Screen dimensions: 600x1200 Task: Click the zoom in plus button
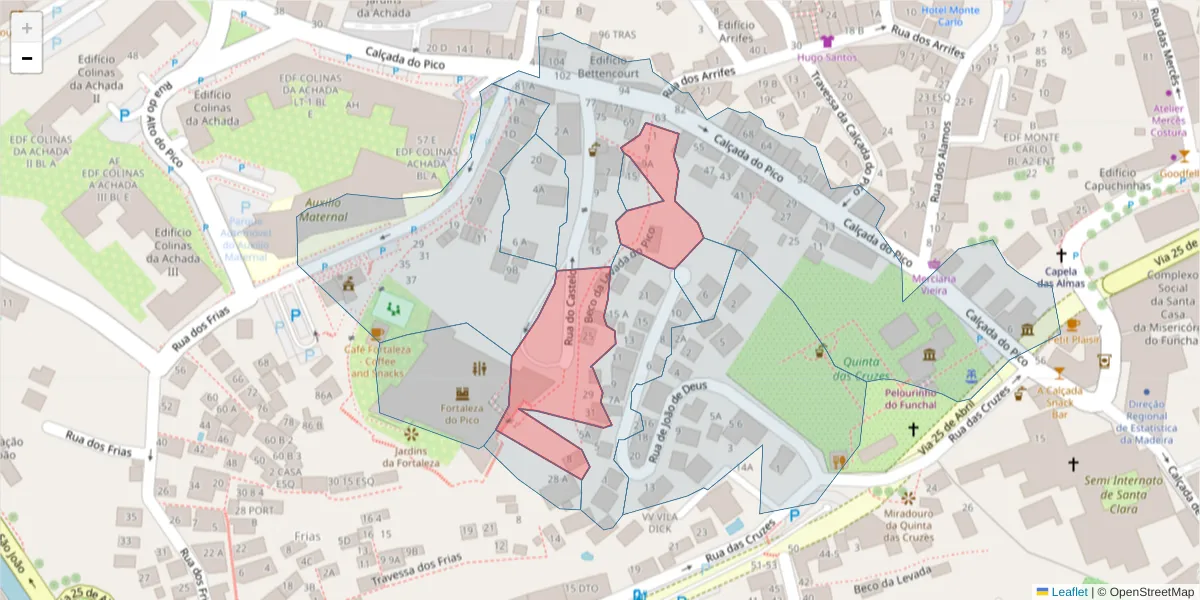pos(27,28)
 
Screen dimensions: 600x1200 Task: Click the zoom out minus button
pos(27,58)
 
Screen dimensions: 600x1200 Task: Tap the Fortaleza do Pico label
pos(462,414)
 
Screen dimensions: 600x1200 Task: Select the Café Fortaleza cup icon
pos(377,333)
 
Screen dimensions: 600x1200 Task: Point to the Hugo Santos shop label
pos(827,57)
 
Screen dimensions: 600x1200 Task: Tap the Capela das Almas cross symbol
pos(1061,255)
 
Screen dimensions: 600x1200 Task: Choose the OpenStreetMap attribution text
pos(1146,591)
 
